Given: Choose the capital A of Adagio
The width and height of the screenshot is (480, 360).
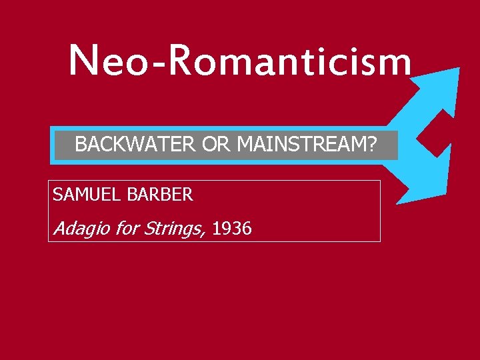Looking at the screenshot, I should pos(59,229).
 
